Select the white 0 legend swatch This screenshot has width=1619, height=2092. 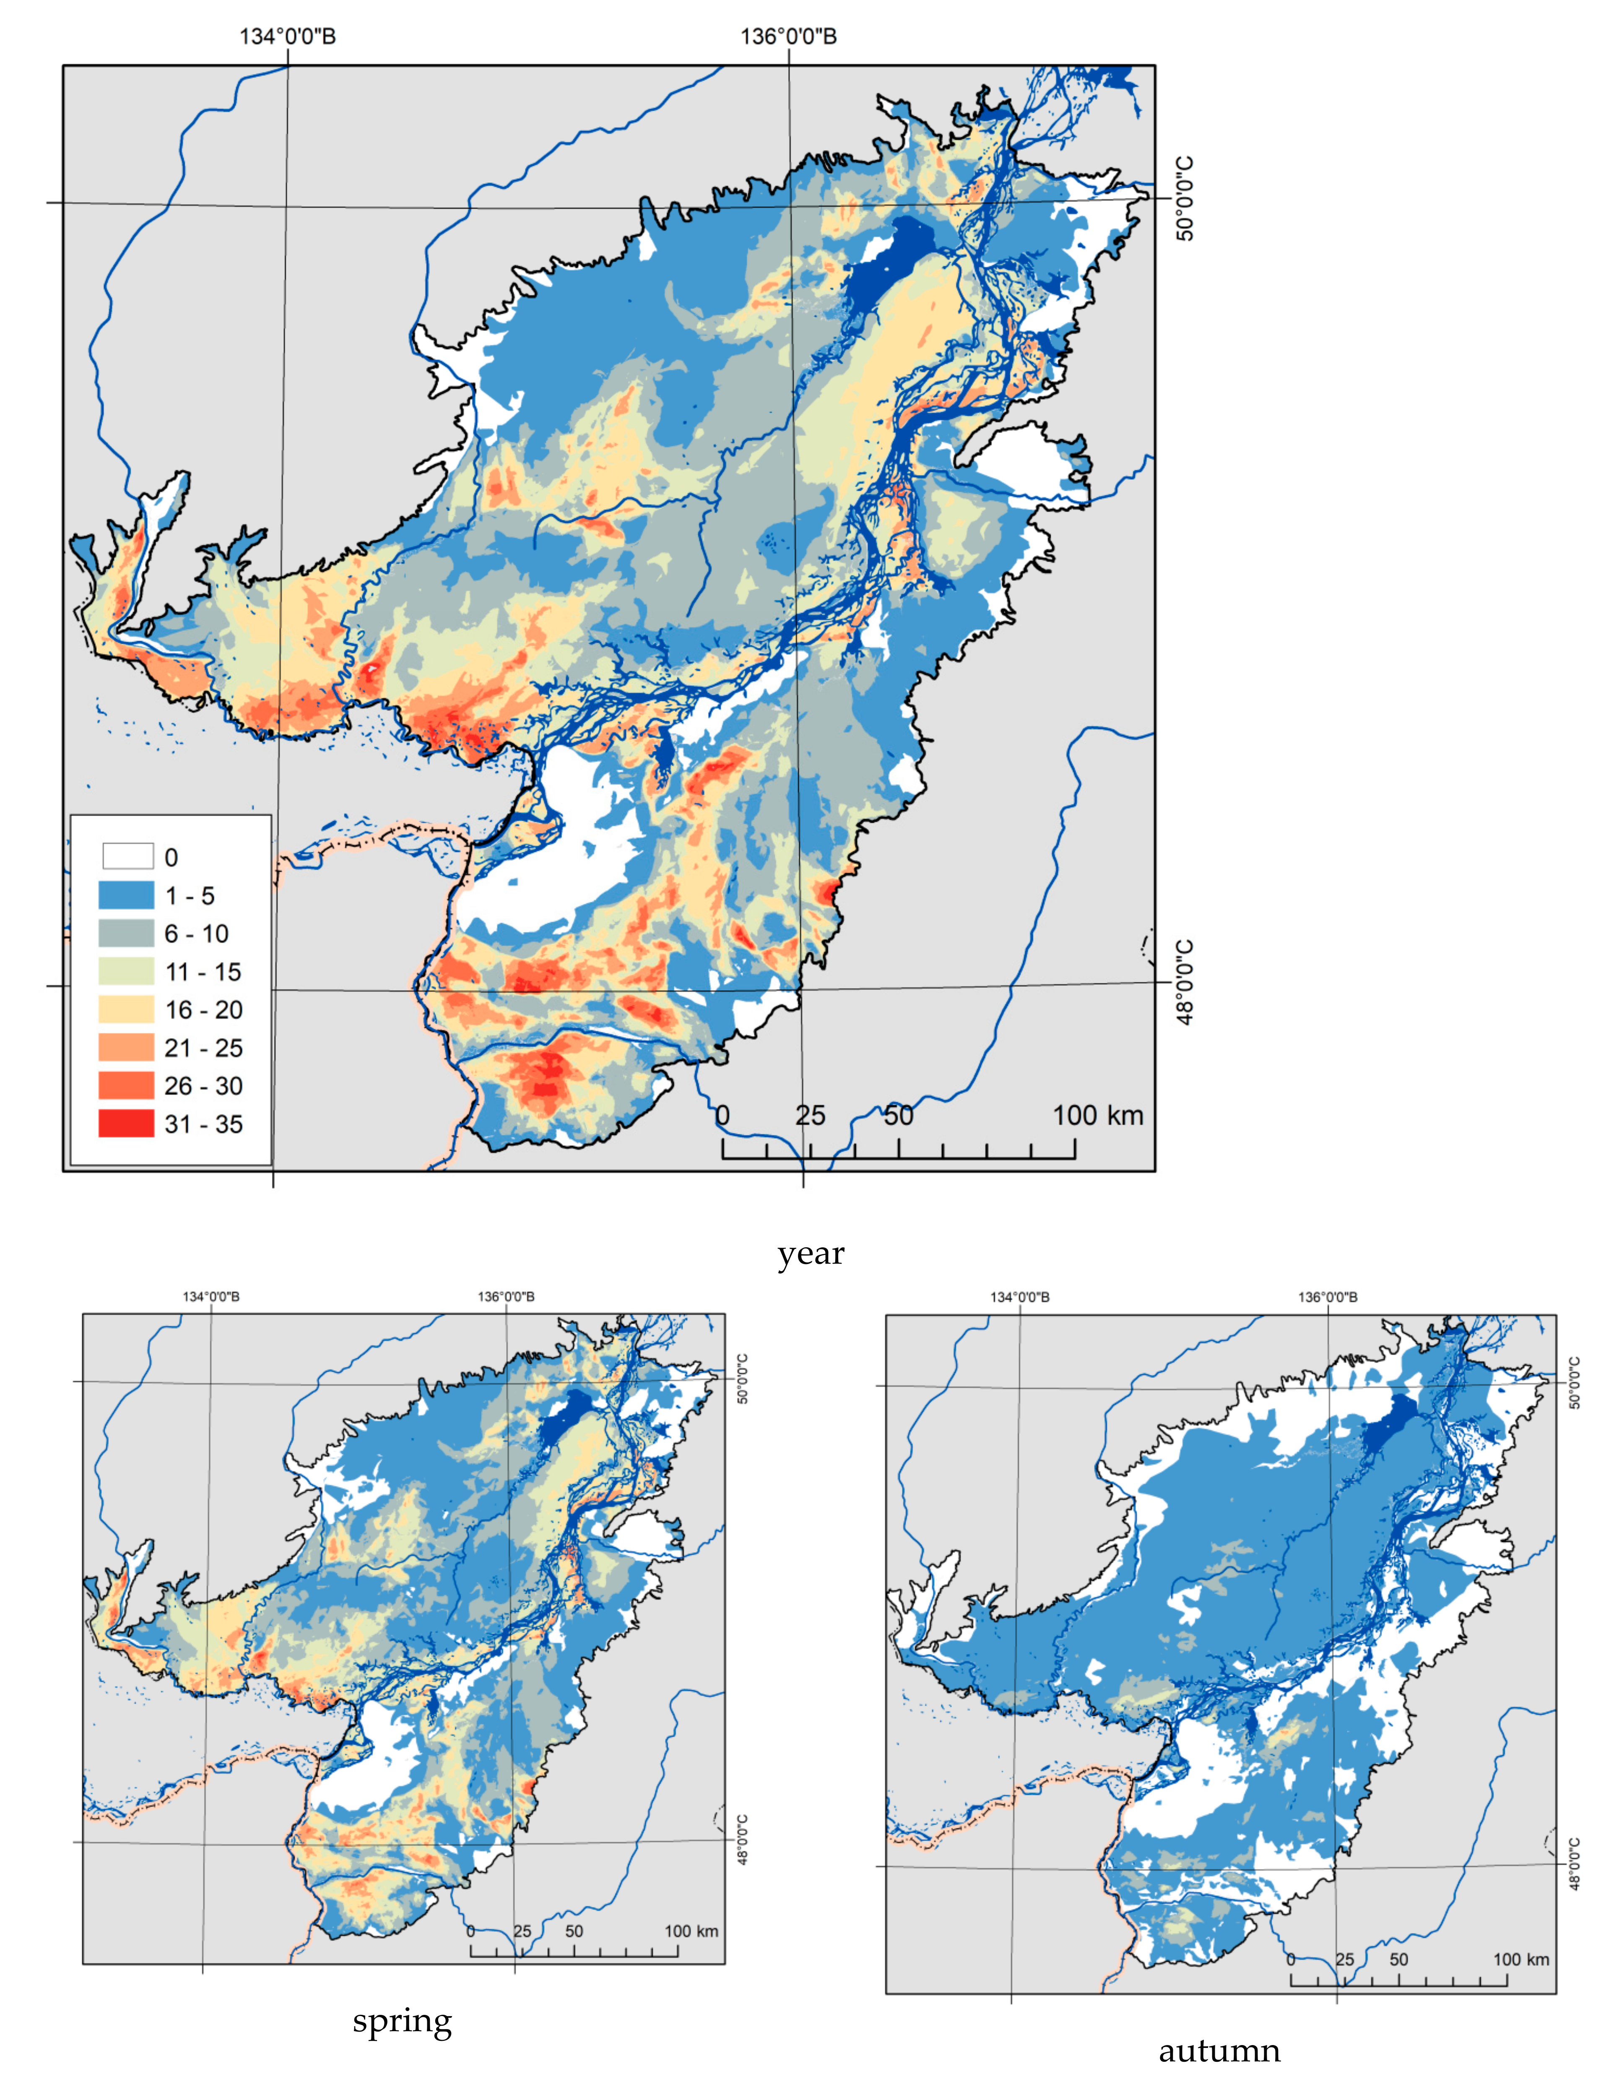[x=127, y=856]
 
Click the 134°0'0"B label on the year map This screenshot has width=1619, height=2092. [x=287, y=36]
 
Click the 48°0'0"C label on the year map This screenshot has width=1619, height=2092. [x=1185, y=982]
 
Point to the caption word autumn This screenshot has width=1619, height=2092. [x=1219, y=2051]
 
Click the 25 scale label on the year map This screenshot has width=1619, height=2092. [x=810, y=1115]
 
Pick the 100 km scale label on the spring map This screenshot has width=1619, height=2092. [x=691, y=1931]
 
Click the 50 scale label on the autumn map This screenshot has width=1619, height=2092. [x=1399, y=1960]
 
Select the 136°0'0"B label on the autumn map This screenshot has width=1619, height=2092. [x=1327, y=1297]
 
